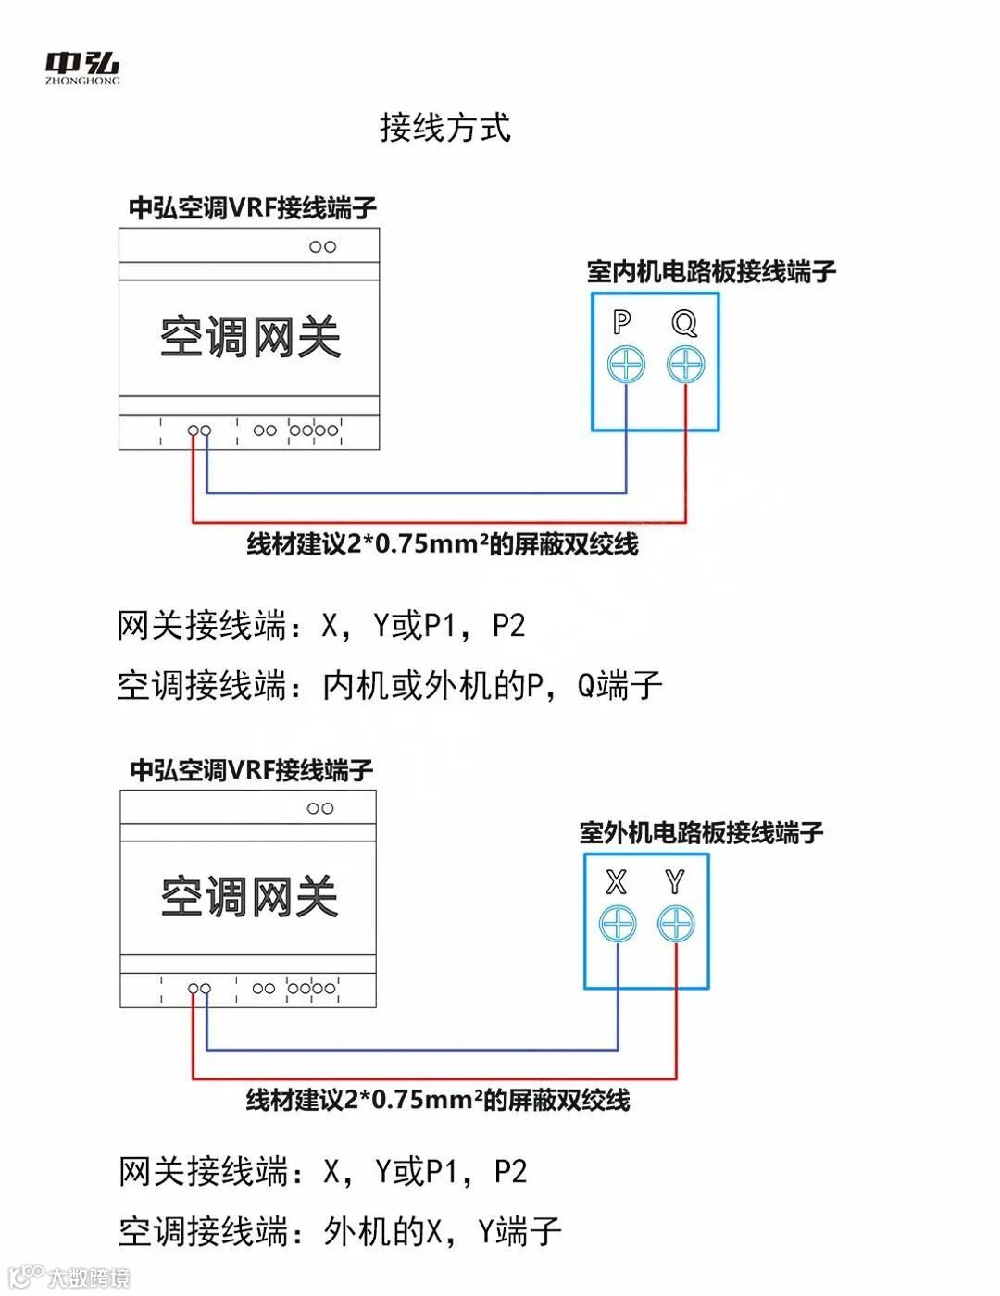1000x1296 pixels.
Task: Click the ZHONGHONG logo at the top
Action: (x=82, y=67)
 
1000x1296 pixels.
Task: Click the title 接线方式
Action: (x=444, y=128)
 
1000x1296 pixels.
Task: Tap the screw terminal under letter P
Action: (x=626, y=365)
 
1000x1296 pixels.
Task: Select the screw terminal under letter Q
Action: (x=685, y=365)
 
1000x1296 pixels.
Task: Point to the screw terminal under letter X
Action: (x=618, y=924)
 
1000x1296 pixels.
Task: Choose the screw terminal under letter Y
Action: (x=676, y=924)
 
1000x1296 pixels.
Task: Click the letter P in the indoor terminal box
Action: (x=622, y=322)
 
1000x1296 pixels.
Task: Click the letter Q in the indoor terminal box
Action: (x=684, y=322)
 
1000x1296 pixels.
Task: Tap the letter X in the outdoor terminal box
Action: (x=616, y=882)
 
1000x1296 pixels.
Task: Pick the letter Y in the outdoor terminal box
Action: (x=675, y=882)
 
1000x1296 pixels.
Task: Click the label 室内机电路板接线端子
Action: (x=711, y=271)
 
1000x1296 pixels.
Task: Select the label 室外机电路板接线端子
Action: (x=701, y=832)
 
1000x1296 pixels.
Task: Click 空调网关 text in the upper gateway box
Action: (x=250, y=337)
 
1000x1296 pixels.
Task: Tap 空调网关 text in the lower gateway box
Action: (x=249, y=897)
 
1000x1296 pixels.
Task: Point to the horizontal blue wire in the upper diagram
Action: (x=417, y=492)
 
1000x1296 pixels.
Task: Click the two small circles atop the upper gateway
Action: (x=322, y=247)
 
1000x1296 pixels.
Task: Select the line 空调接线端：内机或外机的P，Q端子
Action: (x=390, y=686)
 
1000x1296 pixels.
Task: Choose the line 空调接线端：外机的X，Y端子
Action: (x=340, y=1232)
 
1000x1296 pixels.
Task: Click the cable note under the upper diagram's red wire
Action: (x=442, y=544)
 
